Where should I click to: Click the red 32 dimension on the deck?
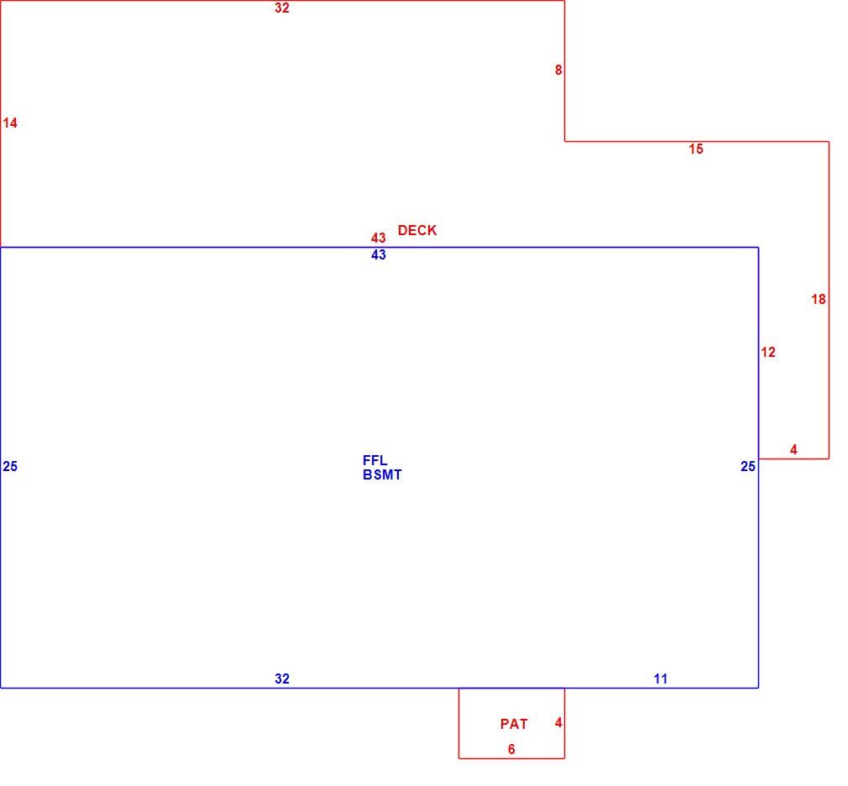[x=282, y=8]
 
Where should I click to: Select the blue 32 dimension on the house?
[x=282, y=679]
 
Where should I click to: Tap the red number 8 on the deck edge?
[x=558, y=70]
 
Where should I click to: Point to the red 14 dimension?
[x=10, y=123]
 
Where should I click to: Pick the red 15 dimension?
[x=695, y=149]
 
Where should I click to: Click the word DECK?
[x=417, y=230]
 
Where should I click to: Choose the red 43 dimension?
[x=378, y=238]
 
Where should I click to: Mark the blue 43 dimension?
[x=378, y=254]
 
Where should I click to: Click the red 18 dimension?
[x=819, y=299]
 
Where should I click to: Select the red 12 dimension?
[x=768, y=353]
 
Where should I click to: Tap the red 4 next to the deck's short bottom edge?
[x=793, y=449]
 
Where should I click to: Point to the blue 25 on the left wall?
[x=10, y=466]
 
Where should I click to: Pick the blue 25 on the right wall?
[x=747, y=466]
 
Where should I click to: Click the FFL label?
[x=374, y=460]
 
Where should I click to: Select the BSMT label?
[x=382, y=475]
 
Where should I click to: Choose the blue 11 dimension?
[x=660, y=679]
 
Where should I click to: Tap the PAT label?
[x=514, y=725]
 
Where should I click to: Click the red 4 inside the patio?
[x=558, y=723]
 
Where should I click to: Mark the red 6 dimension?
[x=511, y=749]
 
